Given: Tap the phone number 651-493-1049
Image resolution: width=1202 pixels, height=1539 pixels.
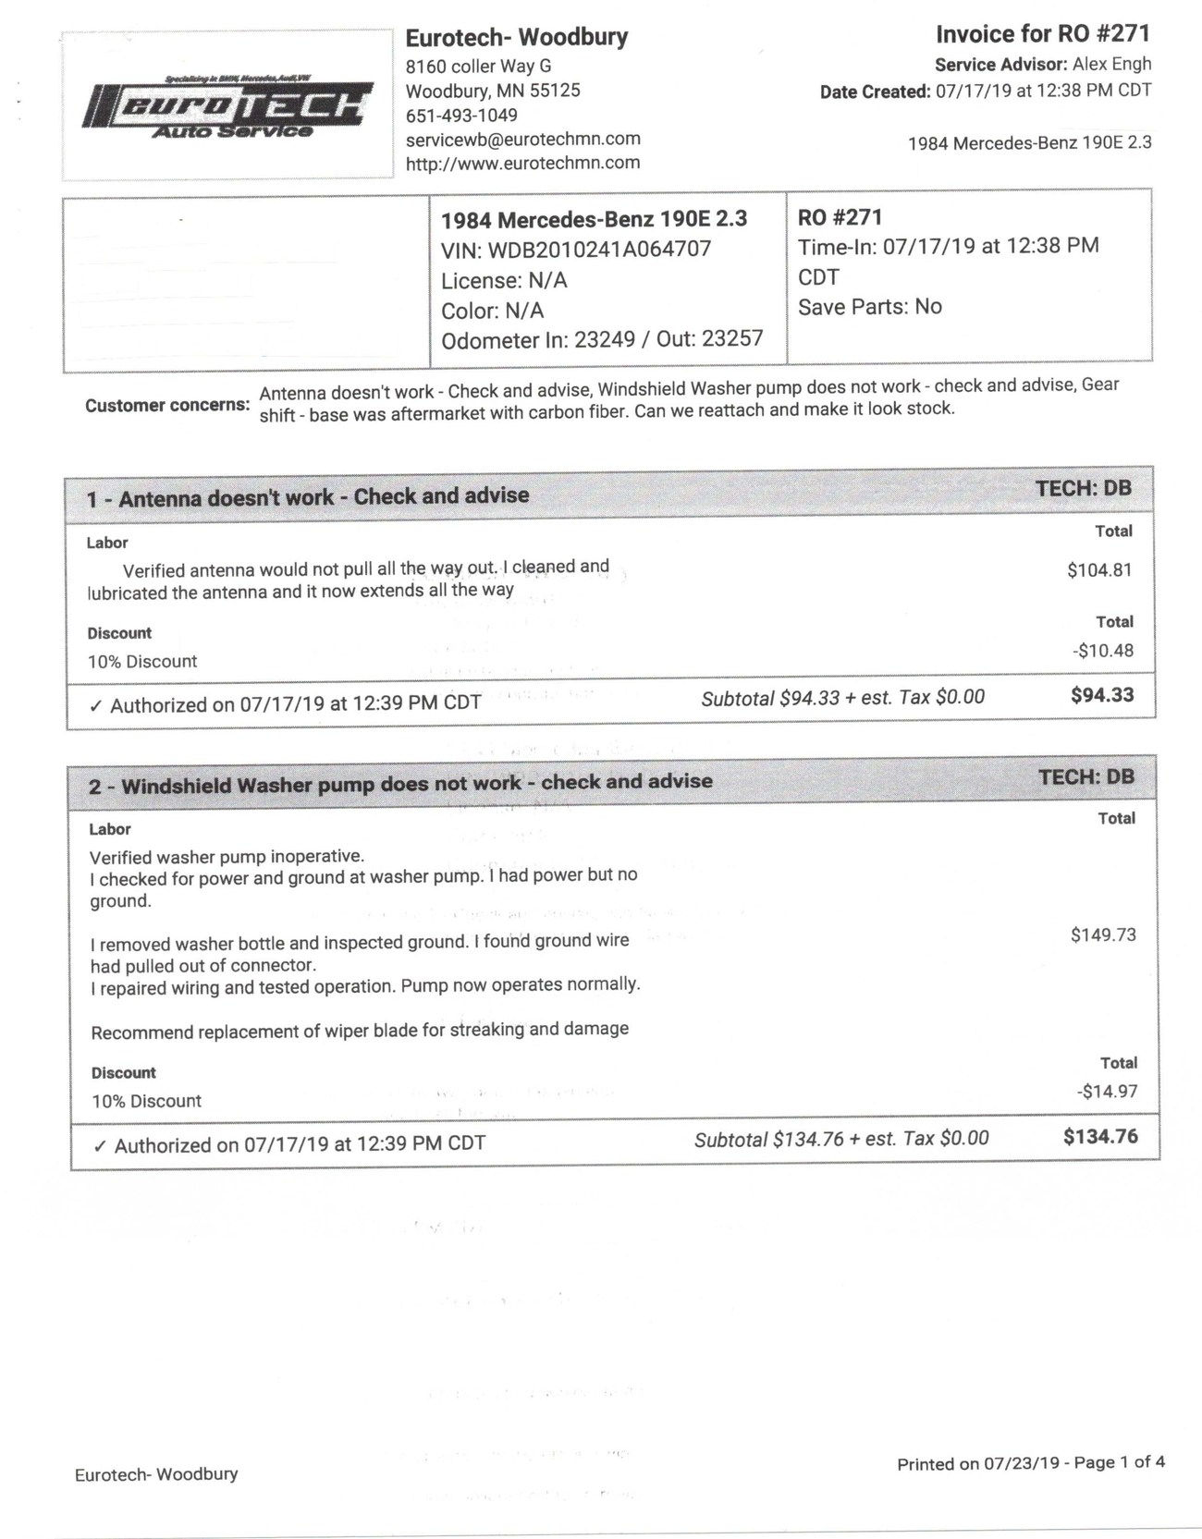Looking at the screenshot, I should (461, 116).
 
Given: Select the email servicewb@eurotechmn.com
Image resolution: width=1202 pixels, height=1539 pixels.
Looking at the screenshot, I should (522, 139).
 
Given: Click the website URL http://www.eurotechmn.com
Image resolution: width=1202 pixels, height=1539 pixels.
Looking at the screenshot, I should (522, 163).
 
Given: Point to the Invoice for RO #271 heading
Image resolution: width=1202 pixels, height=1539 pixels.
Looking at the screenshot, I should (1042, 34).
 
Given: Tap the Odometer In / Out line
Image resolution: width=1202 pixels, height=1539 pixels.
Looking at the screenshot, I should (602, 339).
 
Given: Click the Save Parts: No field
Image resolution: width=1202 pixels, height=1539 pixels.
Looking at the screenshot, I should (869, 307).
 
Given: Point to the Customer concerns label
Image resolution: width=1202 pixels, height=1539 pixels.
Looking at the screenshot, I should (167, 405).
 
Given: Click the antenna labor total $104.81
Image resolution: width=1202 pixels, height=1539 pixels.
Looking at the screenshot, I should (1099, 570).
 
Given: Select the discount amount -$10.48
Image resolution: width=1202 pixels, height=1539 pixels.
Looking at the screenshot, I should (1103, 651).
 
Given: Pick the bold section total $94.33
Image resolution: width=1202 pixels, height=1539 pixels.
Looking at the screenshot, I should (1102, 695).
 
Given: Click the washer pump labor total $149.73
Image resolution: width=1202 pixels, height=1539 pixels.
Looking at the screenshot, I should (1103, 934).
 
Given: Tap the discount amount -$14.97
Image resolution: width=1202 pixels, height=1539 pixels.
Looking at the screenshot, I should (1107, 1092).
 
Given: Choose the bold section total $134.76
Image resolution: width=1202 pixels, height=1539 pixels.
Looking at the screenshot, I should (1100, 1136).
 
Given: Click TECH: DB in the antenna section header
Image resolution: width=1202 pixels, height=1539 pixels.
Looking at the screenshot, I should (1083, 488).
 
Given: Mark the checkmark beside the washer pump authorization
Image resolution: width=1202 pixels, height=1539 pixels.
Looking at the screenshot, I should (100, 1146).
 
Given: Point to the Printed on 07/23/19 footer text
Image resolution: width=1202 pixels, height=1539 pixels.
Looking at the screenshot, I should (1030, 1463).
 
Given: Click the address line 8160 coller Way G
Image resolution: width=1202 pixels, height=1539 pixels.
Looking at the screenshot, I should (478, 66).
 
